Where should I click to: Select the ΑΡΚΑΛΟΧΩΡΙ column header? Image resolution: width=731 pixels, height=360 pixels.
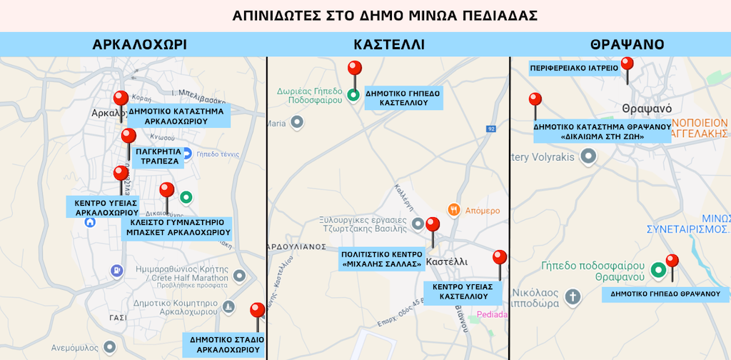click(140, 44)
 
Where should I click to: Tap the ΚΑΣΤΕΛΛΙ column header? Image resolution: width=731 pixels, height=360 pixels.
click(389, 44)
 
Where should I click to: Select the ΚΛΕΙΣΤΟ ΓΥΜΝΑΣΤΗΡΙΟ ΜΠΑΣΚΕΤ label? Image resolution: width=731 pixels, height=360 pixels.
click(177, 227)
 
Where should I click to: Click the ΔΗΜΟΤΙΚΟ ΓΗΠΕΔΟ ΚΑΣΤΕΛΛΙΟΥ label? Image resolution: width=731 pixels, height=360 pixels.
click(403, 98)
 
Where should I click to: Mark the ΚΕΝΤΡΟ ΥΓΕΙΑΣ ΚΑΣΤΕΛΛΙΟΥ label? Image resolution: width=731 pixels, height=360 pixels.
click(463, 291)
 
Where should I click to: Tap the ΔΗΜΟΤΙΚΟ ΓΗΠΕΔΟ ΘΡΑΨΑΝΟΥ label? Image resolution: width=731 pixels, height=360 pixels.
click(665, 294)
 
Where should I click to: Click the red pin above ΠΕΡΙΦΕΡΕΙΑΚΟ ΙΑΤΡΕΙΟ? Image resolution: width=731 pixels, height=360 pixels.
click(627, 64)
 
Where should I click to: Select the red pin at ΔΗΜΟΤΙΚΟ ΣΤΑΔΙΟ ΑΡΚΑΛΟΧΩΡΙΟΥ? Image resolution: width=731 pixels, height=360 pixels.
click(258, 311)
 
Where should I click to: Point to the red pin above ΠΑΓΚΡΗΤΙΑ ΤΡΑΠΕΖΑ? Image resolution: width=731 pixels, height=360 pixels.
click(128, 136)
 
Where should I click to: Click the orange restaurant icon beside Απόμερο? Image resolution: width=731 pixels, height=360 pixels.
click(453, 209)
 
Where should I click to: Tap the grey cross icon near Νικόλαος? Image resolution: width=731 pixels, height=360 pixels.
click(571, 296)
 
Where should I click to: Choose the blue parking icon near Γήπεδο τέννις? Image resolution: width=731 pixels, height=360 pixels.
click(186, 152)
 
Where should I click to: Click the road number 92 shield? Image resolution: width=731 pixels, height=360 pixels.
click(491, 129)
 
